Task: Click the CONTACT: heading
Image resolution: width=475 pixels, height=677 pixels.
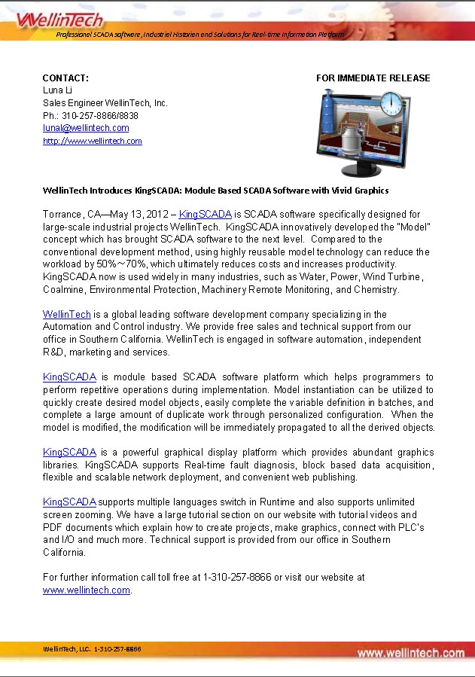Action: pyautogui.click(x=65, y=78)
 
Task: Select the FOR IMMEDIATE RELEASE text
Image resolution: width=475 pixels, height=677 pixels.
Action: pyautogui.click(x=373, y=78)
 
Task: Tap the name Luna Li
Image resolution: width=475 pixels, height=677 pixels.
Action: pyautogui.click(x=57, y=90)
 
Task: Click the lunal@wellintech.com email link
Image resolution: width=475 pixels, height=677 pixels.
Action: pyautogui.click(x=86, y=128)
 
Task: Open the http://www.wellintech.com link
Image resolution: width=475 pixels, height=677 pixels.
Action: pyautogui.click(x=93, y=141)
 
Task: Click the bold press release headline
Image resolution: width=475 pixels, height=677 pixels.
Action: pyautogui.click(x=215, y=191)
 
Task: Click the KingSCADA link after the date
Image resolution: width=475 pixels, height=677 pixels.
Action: pyautogui.click(x=205, y=215)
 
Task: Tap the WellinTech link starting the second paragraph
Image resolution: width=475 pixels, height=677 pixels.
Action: pyautogui.click(x=67, y=314)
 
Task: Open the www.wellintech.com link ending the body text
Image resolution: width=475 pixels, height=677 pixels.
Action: pyautogui.click(x=87, y=590)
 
